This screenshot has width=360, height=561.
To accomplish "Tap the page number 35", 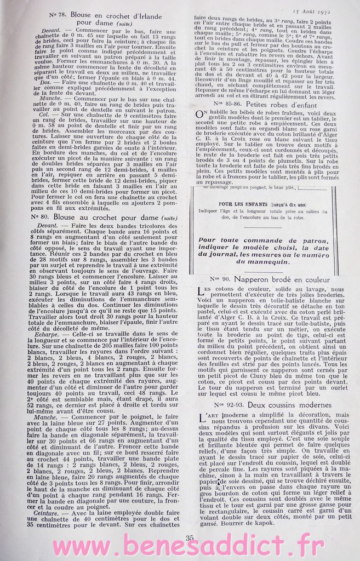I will (190, 537).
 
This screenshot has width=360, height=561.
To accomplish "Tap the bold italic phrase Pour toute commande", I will (230, 239).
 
